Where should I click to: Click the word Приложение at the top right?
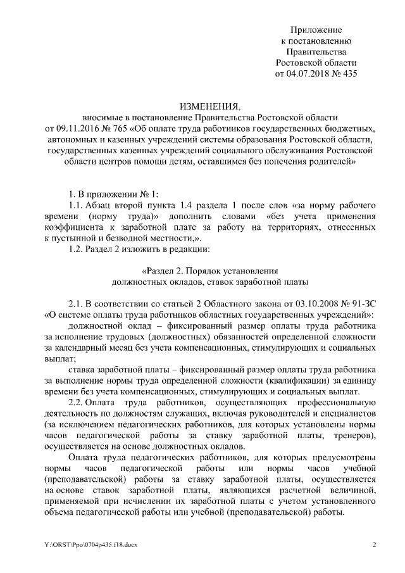point(316,30)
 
